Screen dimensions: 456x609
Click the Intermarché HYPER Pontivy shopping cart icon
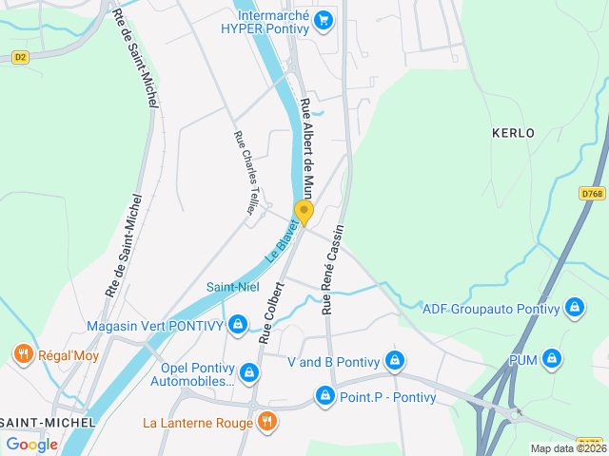coord(324,19)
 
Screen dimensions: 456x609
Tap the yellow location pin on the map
coord(304,212)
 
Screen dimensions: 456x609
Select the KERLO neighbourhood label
coord(513,133)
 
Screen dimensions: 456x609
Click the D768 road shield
coord(592,194)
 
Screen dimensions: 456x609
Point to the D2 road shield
coord(20,58)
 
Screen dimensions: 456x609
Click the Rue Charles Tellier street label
coord(246,172)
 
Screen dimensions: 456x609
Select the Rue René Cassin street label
coord(332,269)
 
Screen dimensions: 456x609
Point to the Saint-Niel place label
coord(233,287)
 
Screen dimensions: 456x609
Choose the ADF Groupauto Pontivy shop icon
coord(574,308)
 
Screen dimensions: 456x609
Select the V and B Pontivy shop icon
coord(395,362)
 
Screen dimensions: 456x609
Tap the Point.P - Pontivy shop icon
coord(325,395)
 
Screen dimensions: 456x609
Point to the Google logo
coord(31,444)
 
